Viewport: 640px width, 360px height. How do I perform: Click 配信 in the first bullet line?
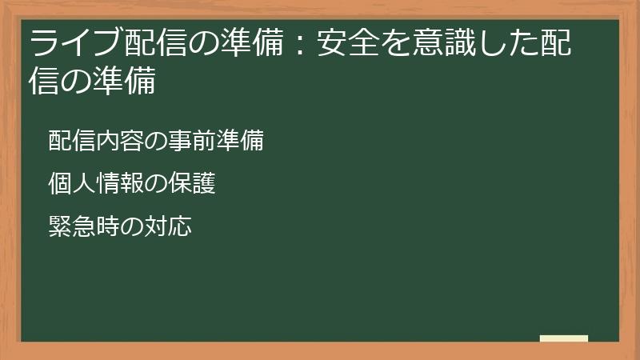(x=70, y=142)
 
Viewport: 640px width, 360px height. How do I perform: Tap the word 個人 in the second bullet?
(x=70, y=184)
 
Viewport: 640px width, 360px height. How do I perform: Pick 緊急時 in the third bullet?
(x=81, y=226)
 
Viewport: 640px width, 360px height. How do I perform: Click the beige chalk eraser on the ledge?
(x=564, y=338)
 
